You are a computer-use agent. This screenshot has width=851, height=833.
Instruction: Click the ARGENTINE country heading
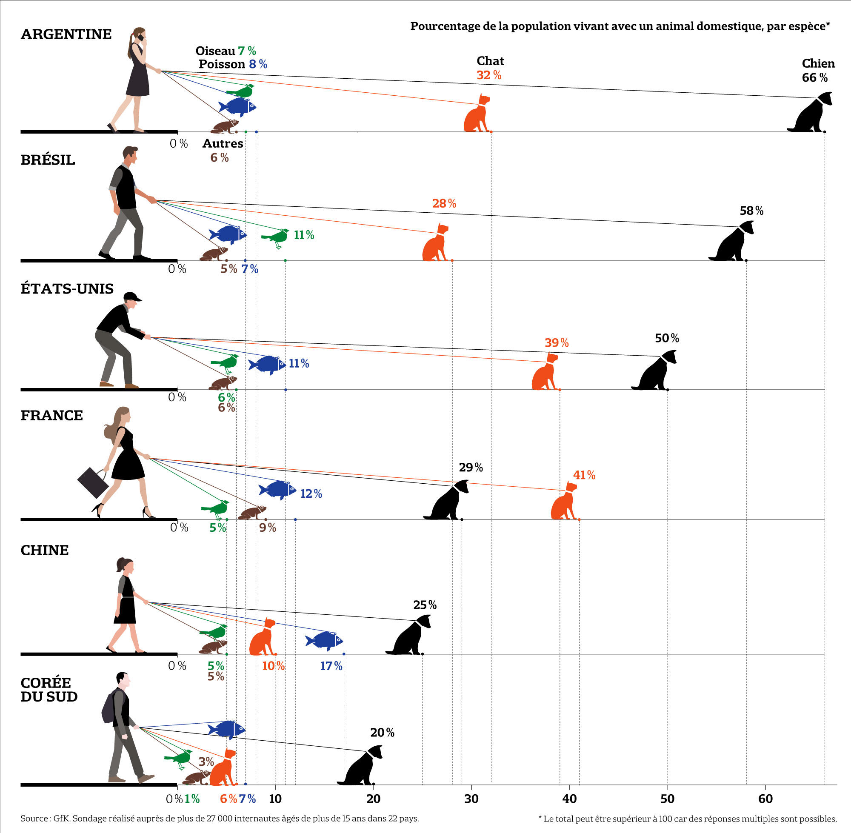(66, 34)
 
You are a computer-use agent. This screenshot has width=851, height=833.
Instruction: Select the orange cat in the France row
(564, 502)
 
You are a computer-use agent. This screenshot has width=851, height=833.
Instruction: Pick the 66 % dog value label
(815, 78)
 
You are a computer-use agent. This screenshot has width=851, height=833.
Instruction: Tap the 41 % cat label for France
(584, 475)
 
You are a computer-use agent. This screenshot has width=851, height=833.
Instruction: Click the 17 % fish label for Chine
(331, 666)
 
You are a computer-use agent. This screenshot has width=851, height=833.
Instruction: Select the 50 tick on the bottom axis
(667, 799)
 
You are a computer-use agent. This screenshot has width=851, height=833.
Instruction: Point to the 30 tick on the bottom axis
(471, 799)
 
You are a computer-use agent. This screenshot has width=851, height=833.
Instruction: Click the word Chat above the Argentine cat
(490, 61)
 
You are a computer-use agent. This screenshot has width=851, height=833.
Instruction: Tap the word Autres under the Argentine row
(223, 143)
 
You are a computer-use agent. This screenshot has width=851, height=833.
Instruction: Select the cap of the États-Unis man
(132, 297)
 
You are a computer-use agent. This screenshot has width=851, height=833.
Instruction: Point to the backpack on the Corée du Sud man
(109, 708)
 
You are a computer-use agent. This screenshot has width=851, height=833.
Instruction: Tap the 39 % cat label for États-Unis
(557, 343)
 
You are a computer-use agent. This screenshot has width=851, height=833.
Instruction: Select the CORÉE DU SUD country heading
(49, 690)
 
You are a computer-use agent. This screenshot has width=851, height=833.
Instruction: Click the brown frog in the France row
(252, 512)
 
